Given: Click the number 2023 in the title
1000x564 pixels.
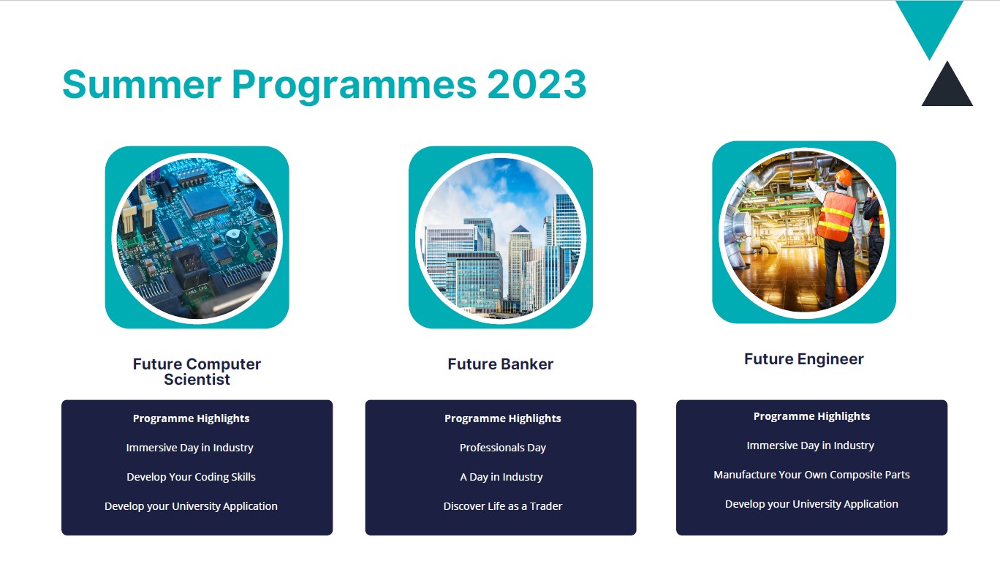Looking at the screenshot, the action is click(x=536, y=84).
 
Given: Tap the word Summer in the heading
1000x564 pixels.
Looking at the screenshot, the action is click(x=142, y=84).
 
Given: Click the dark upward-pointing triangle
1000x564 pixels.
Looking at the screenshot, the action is click(x=947, y=86).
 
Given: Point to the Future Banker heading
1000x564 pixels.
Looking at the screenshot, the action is click(x=501, y=364).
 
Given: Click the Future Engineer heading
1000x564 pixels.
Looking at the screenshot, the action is click(x=803, y=359).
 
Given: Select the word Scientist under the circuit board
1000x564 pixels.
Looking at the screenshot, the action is click(x=197, y=380).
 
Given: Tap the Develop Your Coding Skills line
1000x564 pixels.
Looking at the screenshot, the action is click(x=191, y=477).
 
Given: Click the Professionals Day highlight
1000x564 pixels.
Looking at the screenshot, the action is click(x=503, y=448).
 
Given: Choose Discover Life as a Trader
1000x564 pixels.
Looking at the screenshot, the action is click(x=503, y=506).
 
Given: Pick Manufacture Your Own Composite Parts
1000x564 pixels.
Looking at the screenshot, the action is click(x=811, y=475).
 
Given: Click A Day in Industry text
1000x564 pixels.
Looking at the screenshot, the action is click(x=501, y=477).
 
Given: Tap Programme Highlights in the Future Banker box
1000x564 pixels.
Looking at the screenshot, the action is click(x=503, y=418).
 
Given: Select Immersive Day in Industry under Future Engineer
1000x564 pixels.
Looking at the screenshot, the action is click(x=810, y=445).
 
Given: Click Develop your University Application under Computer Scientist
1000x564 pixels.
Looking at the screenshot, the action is click(x=191, y=506).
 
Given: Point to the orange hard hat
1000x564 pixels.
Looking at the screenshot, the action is click(x=844, y=176).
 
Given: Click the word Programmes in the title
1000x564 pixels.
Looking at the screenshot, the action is click(x=354, y=85).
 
